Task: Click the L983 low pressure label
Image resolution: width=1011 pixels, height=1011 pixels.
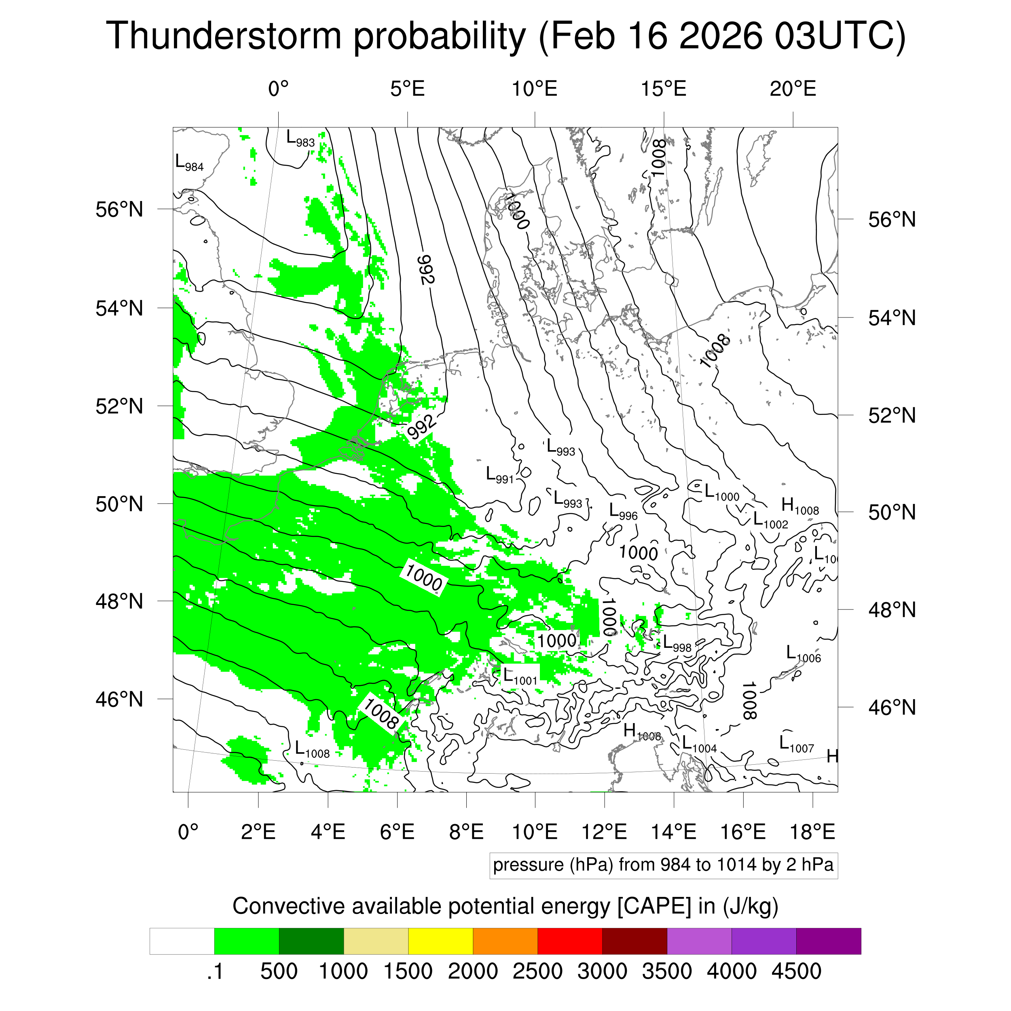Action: [x=300, y=139]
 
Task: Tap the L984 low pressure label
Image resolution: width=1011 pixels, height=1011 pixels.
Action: [x=189, y=163]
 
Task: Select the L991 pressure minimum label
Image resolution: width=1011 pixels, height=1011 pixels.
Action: [x=500, y=475]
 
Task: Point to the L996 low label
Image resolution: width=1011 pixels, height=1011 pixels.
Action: [x=623, y=512]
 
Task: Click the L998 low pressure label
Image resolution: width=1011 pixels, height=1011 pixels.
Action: [x=677, y=644]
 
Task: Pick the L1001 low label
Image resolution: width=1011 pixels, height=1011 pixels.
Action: [x=520, y=676]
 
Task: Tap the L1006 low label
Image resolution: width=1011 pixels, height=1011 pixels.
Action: [x=803, y=654]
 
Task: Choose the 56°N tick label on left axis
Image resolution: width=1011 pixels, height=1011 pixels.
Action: [x=119, y=210]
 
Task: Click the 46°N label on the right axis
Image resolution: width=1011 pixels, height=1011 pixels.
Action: [x=892, y=707]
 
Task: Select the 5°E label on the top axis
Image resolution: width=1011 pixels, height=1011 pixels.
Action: [x=407, y=89]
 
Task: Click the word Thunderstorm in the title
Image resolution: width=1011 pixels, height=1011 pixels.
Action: [x=224, y=36]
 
